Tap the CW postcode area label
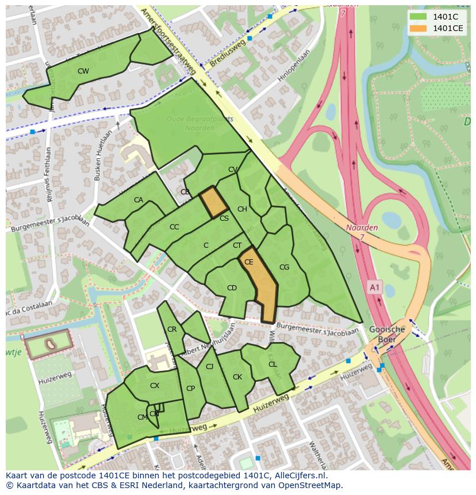click(83, 71)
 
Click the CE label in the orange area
click(249, 262)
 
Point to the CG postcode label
click(284, 267)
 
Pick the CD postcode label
click(232, 288)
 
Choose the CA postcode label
click(139, 200)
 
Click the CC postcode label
click(174, 227)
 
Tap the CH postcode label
click(242, 209)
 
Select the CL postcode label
click(272, 364)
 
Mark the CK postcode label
click(237, 377)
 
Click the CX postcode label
click(155, 386)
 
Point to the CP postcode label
click(190, 389)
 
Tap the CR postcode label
click(172, 329)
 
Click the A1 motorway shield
click(375, 287)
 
